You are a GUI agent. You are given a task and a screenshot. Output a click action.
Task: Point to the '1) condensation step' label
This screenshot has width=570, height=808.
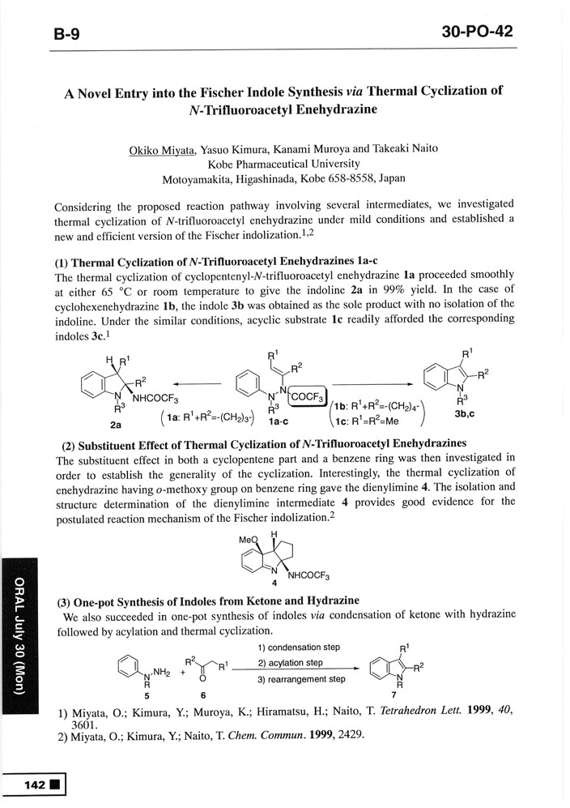299,648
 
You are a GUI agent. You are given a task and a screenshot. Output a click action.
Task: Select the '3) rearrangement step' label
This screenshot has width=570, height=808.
302,678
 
